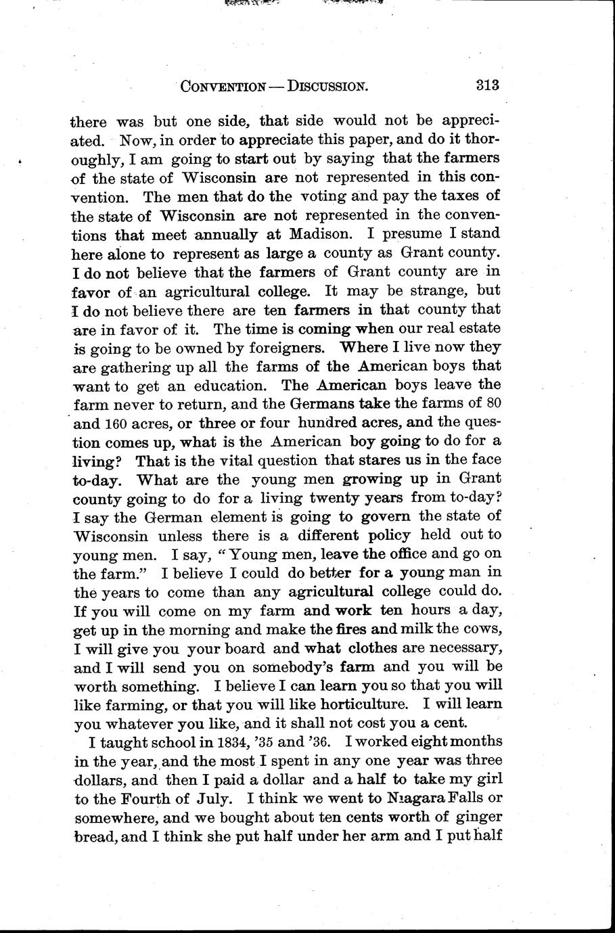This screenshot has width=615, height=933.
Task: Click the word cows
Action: [x=484, y=629]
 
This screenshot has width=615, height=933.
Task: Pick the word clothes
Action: [x=380, y=647]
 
